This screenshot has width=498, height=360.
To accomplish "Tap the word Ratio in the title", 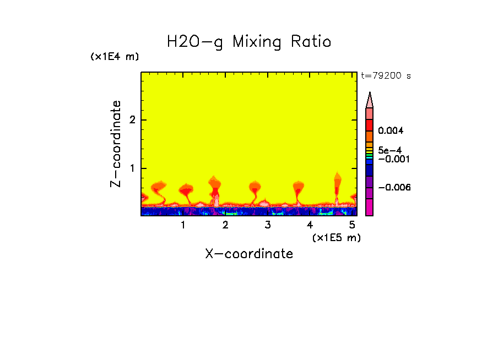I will (x=312, y=42).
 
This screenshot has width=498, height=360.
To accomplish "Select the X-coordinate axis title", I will (x=249, y=254).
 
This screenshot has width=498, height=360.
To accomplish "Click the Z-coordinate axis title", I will (x=116, y=144).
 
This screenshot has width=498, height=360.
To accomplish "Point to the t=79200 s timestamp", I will (x=386, y=76).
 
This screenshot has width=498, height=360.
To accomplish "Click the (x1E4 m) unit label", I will (x=115, y=57).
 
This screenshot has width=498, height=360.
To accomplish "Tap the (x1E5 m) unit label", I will (x=336, y=237).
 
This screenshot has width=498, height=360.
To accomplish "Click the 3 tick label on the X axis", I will (x=268, y=225).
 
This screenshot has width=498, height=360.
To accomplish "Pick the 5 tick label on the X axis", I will (x=352, y=225).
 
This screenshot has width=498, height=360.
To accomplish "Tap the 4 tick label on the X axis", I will (x=310, y=225).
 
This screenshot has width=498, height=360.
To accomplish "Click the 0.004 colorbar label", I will (x=391, y=131).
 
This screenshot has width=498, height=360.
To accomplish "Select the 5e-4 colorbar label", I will (x=389, y=150).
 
